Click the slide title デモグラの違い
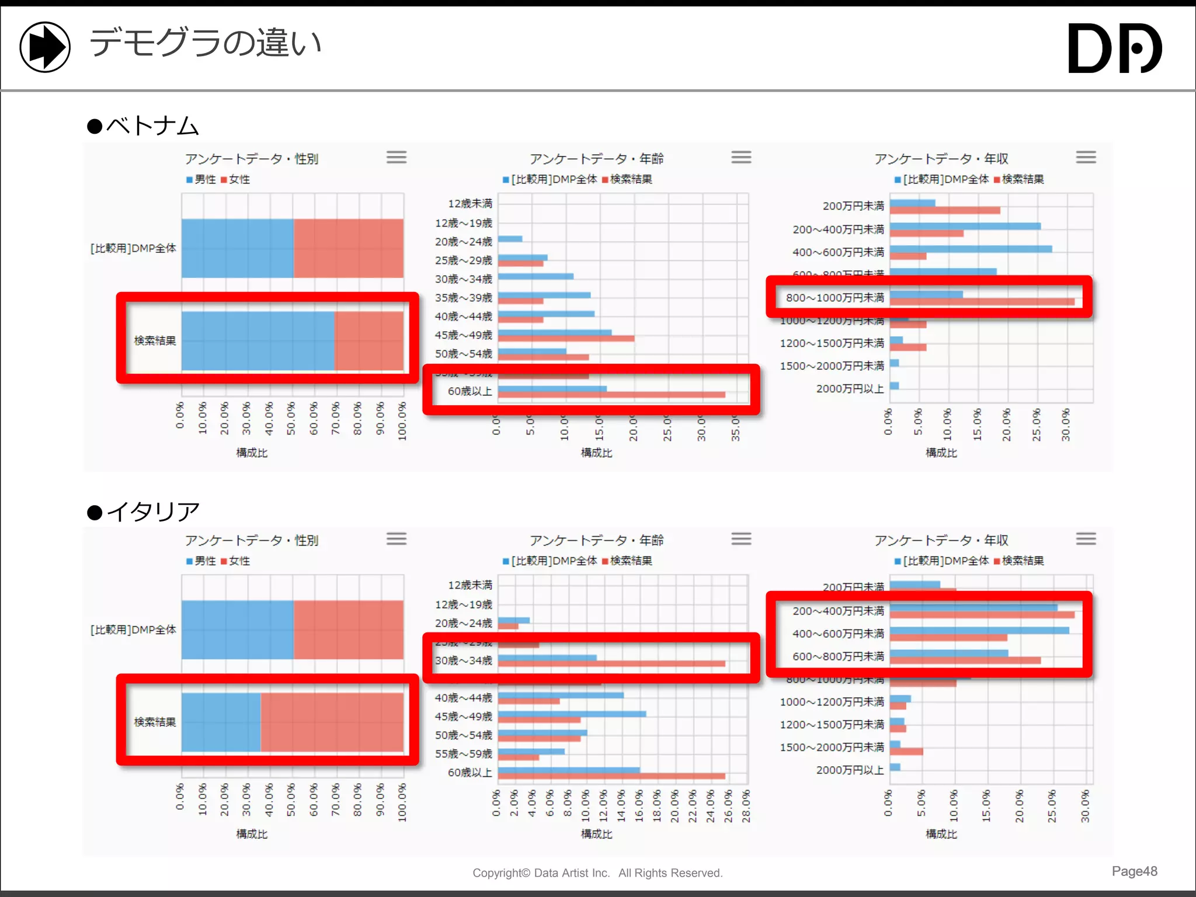point(205,44)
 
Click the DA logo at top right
point(1114,48)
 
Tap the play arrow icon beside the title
point(45,47)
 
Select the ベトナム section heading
point(144,126)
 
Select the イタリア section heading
point(144,512)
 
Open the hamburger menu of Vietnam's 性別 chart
point(396,157)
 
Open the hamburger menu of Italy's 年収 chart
point(1086,538)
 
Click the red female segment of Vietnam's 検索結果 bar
point(369,340)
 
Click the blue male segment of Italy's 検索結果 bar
point(221,722)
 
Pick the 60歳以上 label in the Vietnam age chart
point(470,391)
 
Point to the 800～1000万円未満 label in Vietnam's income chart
point(835,298)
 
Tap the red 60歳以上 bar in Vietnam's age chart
point(611,395)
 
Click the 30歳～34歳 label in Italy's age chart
point(464,661)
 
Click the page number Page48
point(1134,871)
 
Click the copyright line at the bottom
point(597,873)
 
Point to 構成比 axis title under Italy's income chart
point(941,834)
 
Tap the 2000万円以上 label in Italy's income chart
point(850,770)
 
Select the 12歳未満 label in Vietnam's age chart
point(470,204)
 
